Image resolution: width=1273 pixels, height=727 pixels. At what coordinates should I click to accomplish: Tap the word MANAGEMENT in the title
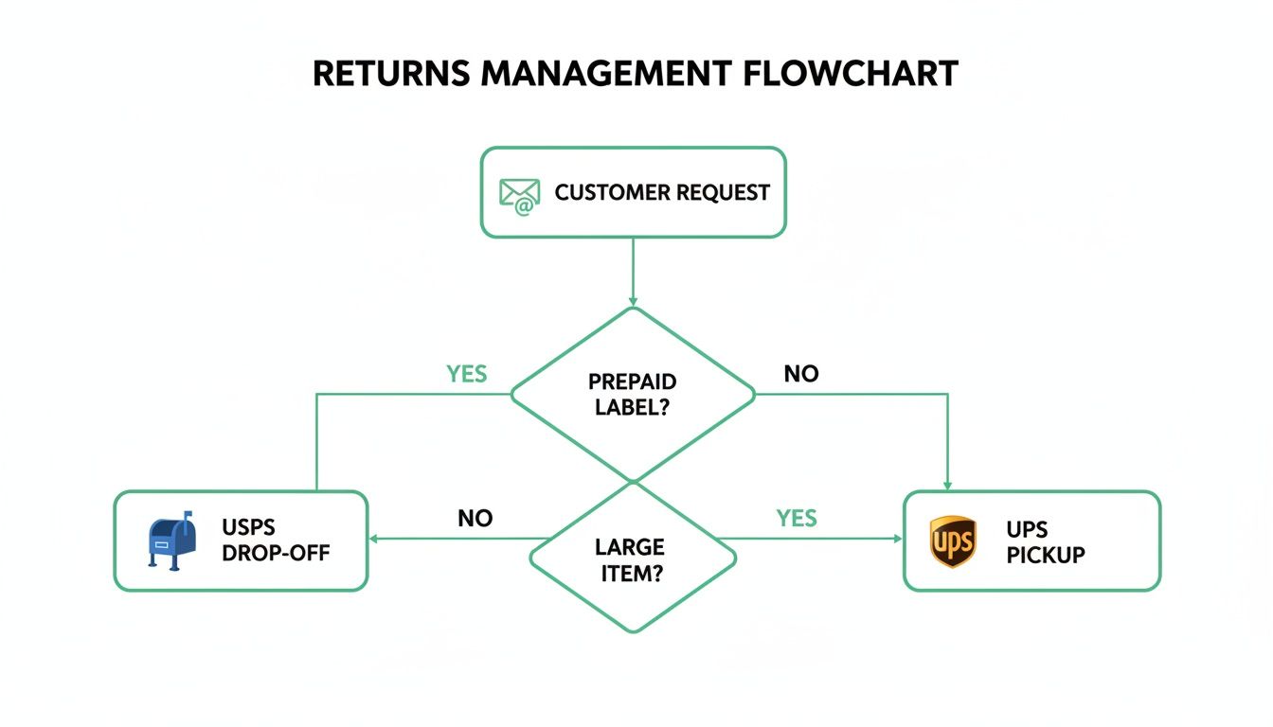pos(606,73)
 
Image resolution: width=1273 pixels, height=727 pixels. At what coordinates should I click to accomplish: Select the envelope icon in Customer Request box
pos(519,194)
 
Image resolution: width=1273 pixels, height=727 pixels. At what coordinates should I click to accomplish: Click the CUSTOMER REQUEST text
pos(662,193)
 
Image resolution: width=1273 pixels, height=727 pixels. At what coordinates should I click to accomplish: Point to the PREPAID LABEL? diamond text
pos(633,395)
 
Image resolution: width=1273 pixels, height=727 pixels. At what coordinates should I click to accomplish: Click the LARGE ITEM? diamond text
pos(630,559)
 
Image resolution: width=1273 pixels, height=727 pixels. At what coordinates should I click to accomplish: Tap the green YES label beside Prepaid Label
pos(466,374)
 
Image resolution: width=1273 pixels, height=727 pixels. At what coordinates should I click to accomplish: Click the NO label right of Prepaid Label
pos(800,374)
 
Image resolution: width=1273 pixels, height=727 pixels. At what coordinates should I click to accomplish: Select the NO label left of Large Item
pos(475,519)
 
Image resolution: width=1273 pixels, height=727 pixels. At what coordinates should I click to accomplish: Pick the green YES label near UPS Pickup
pos(797,518)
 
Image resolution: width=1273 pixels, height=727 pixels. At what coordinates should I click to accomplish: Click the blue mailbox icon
pos(172,541)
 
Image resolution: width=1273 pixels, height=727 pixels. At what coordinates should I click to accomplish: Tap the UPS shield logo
pos(953,542)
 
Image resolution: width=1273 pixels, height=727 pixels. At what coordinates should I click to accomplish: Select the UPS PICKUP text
pos(1046,542)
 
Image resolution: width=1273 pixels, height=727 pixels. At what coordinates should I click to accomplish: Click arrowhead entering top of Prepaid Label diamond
pos(633,300)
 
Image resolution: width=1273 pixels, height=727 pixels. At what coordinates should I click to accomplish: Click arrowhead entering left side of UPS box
pos(897,539)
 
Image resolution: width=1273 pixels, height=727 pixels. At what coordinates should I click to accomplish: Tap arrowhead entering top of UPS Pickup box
pos(948,485)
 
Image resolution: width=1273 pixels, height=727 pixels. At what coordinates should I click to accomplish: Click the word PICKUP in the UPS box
pos(1046,555)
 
